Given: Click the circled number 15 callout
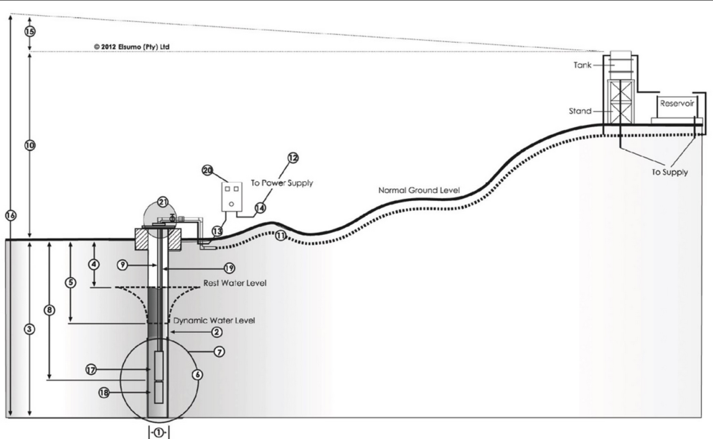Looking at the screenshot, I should point(30,32).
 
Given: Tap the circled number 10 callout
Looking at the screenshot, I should point(30,145).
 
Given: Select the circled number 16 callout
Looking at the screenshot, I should point(11,215).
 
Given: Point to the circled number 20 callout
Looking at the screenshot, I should point(208,170).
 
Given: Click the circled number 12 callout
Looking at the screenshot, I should point(293,158).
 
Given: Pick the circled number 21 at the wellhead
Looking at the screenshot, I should point(162,202).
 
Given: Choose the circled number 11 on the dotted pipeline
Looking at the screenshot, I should point(280,236).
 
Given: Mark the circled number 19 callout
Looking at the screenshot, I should point(229,268).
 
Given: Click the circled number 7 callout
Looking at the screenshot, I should point(219,352).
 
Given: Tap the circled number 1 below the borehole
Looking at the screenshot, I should point(159,433).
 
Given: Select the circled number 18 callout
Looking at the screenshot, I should point(104,393).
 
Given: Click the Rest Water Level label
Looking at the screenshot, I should point(235,283).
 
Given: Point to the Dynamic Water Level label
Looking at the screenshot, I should point(214,320).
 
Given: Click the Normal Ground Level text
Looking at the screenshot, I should point(419,190).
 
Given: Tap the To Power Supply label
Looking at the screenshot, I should point(282,183).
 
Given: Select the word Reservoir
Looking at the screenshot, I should point(677,104).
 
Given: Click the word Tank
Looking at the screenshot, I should point(582,65).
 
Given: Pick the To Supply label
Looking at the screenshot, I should point(669,172).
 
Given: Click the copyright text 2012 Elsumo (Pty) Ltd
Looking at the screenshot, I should point(132,47).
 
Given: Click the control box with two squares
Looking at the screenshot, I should point(232,197).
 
